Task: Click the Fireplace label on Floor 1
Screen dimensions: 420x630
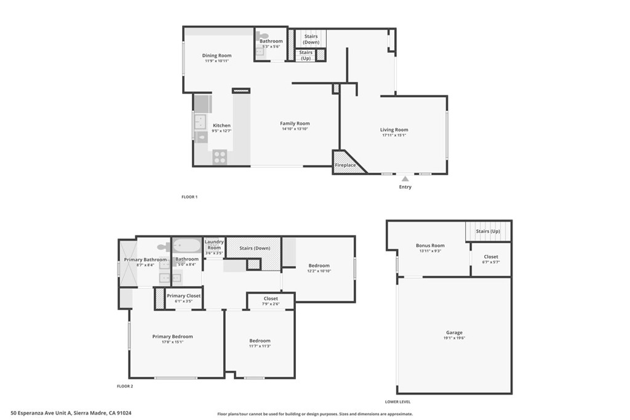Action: click(345, 165)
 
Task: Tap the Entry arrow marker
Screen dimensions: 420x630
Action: click(405, 179)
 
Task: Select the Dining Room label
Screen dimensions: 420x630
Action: click(217, 55)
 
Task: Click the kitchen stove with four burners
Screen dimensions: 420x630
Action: click(220, 157)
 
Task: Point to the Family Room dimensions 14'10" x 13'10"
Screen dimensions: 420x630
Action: click(295, 129)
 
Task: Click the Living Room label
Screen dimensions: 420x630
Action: click(394, 130)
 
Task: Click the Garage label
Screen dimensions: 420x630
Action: click(454, 333)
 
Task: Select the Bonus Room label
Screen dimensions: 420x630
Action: click(430, 245)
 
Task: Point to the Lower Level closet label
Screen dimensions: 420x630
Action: click(491, 256)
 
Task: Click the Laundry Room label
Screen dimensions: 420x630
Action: click(213, 245)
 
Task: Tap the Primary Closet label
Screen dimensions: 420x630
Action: click(184, 296)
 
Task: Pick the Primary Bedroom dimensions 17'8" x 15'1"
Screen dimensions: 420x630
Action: click(172, 342)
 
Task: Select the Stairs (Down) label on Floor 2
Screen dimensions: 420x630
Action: click(254, 248)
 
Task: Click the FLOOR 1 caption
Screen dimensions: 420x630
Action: click(189, 197)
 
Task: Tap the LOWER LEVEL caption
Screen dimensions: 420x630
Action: click(397, 401)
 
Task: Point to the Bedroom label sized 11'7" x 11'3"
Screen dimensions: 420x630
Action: click(260, 341)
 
